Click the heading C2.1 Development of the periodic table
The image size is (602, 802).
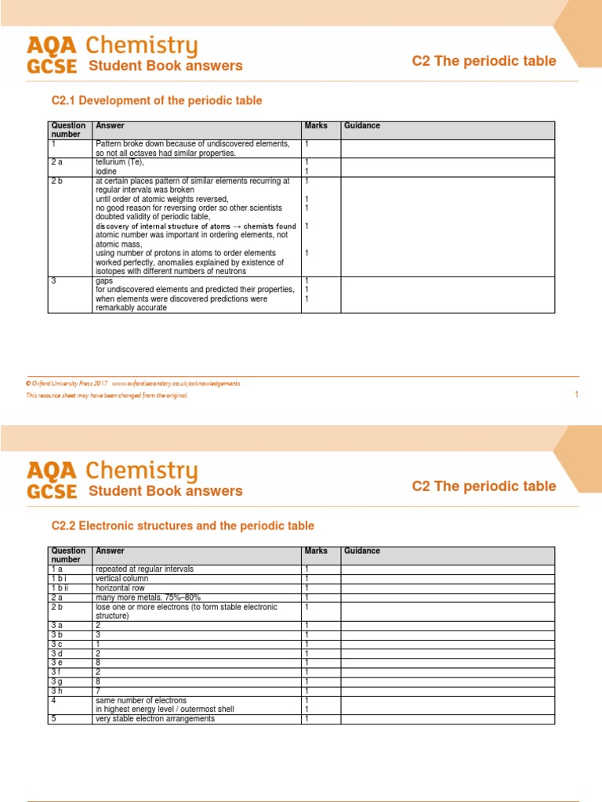(x=157, y=101)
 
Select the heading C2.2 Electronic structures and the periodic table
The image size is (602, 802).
(x=183, y=526)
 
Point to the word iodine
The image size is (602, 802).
(x=106, y=171)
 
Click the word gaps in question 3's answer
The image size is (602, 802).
(x=103, y=280)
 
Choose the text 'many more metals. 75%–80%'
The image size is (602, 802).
(x=144, y=597)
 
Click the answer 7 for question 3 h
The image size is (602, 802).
(x=98, y=691)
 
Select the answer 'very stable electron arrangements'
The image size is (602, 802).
(x=154, y=719)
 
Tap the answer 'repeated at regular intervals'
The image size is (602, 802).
(x=143, y=569)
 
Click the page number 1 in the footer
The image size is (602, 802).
(x=576, y=395)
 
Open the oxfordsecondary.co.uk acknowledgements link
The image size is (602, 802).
(x=176, y=384)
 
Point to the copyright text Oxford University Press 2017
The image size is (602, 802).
(x=67, y=384)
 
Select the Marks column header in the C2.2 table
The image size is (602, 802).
(x=316, y=551)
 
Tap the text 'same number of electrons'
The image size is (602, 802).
(x=141, y=700)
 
